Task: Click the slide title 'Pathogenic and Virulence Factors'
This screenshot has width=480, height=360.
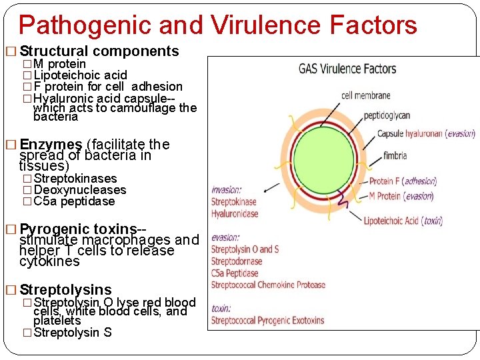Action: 217,25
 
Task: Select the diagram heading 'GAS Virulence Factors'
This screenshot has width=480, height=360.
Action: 347,69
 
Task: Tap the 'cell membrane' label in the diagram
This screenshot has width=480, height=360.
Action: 365,95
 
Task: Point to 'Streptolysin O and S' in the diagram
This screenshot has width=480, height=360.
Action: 245,249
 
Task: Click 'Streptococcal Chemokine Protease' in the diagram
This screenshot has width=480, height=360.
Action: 268,285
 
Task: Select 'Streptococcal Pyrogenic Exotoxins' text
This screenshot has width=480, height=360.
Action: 267,321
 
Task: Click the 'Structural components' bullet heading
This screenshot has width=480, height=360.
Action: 99,51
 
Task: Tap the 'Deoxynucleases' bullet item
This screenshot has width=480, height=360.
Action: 79,190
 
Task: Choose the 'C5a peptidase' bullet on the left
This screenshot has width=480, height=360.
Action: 74,201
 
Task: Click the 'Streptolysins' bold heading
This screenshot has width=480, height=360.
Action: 65,289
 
